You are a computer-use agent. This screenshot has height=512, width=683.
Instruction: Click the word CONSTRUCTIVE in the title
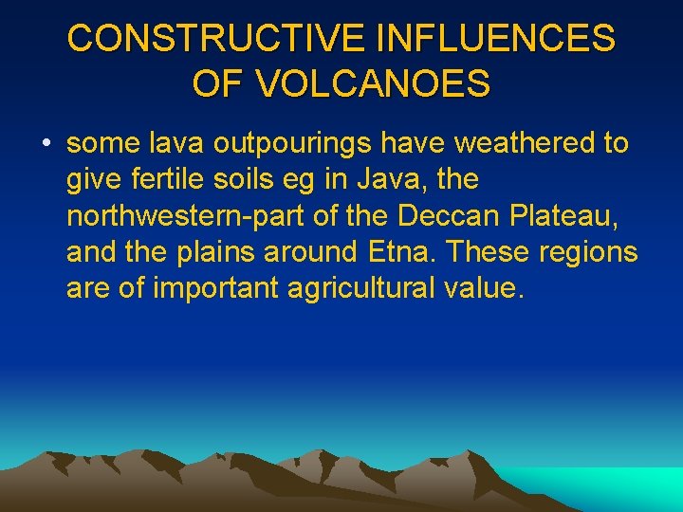tap(216, 39)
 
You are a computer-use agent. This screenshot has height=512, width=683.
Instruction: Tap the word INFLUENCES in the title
tap(496, 39)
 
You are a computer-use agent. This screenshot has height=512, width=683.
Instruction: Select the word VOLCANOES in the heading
tap(373, 83)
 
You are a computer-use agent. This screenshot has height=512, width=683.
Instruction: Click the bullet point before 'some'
tap(46, 144)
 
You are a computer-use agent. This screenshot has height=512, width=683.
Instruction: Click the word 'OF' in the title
tap(217, 83)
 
